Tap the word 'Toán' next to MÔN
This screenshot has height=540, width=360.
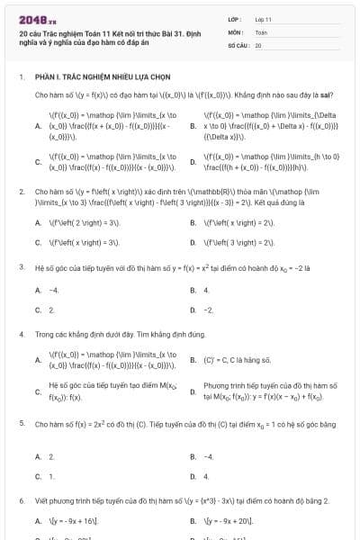[x=261, y=31]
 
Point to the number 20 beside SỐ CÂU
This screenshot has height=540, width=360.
[x=258, y=44]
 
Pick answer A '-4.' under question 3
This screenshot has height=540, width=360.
[x=53, y=291]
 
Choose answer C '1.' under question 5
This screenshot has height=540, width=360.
[x=51, y=475]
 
